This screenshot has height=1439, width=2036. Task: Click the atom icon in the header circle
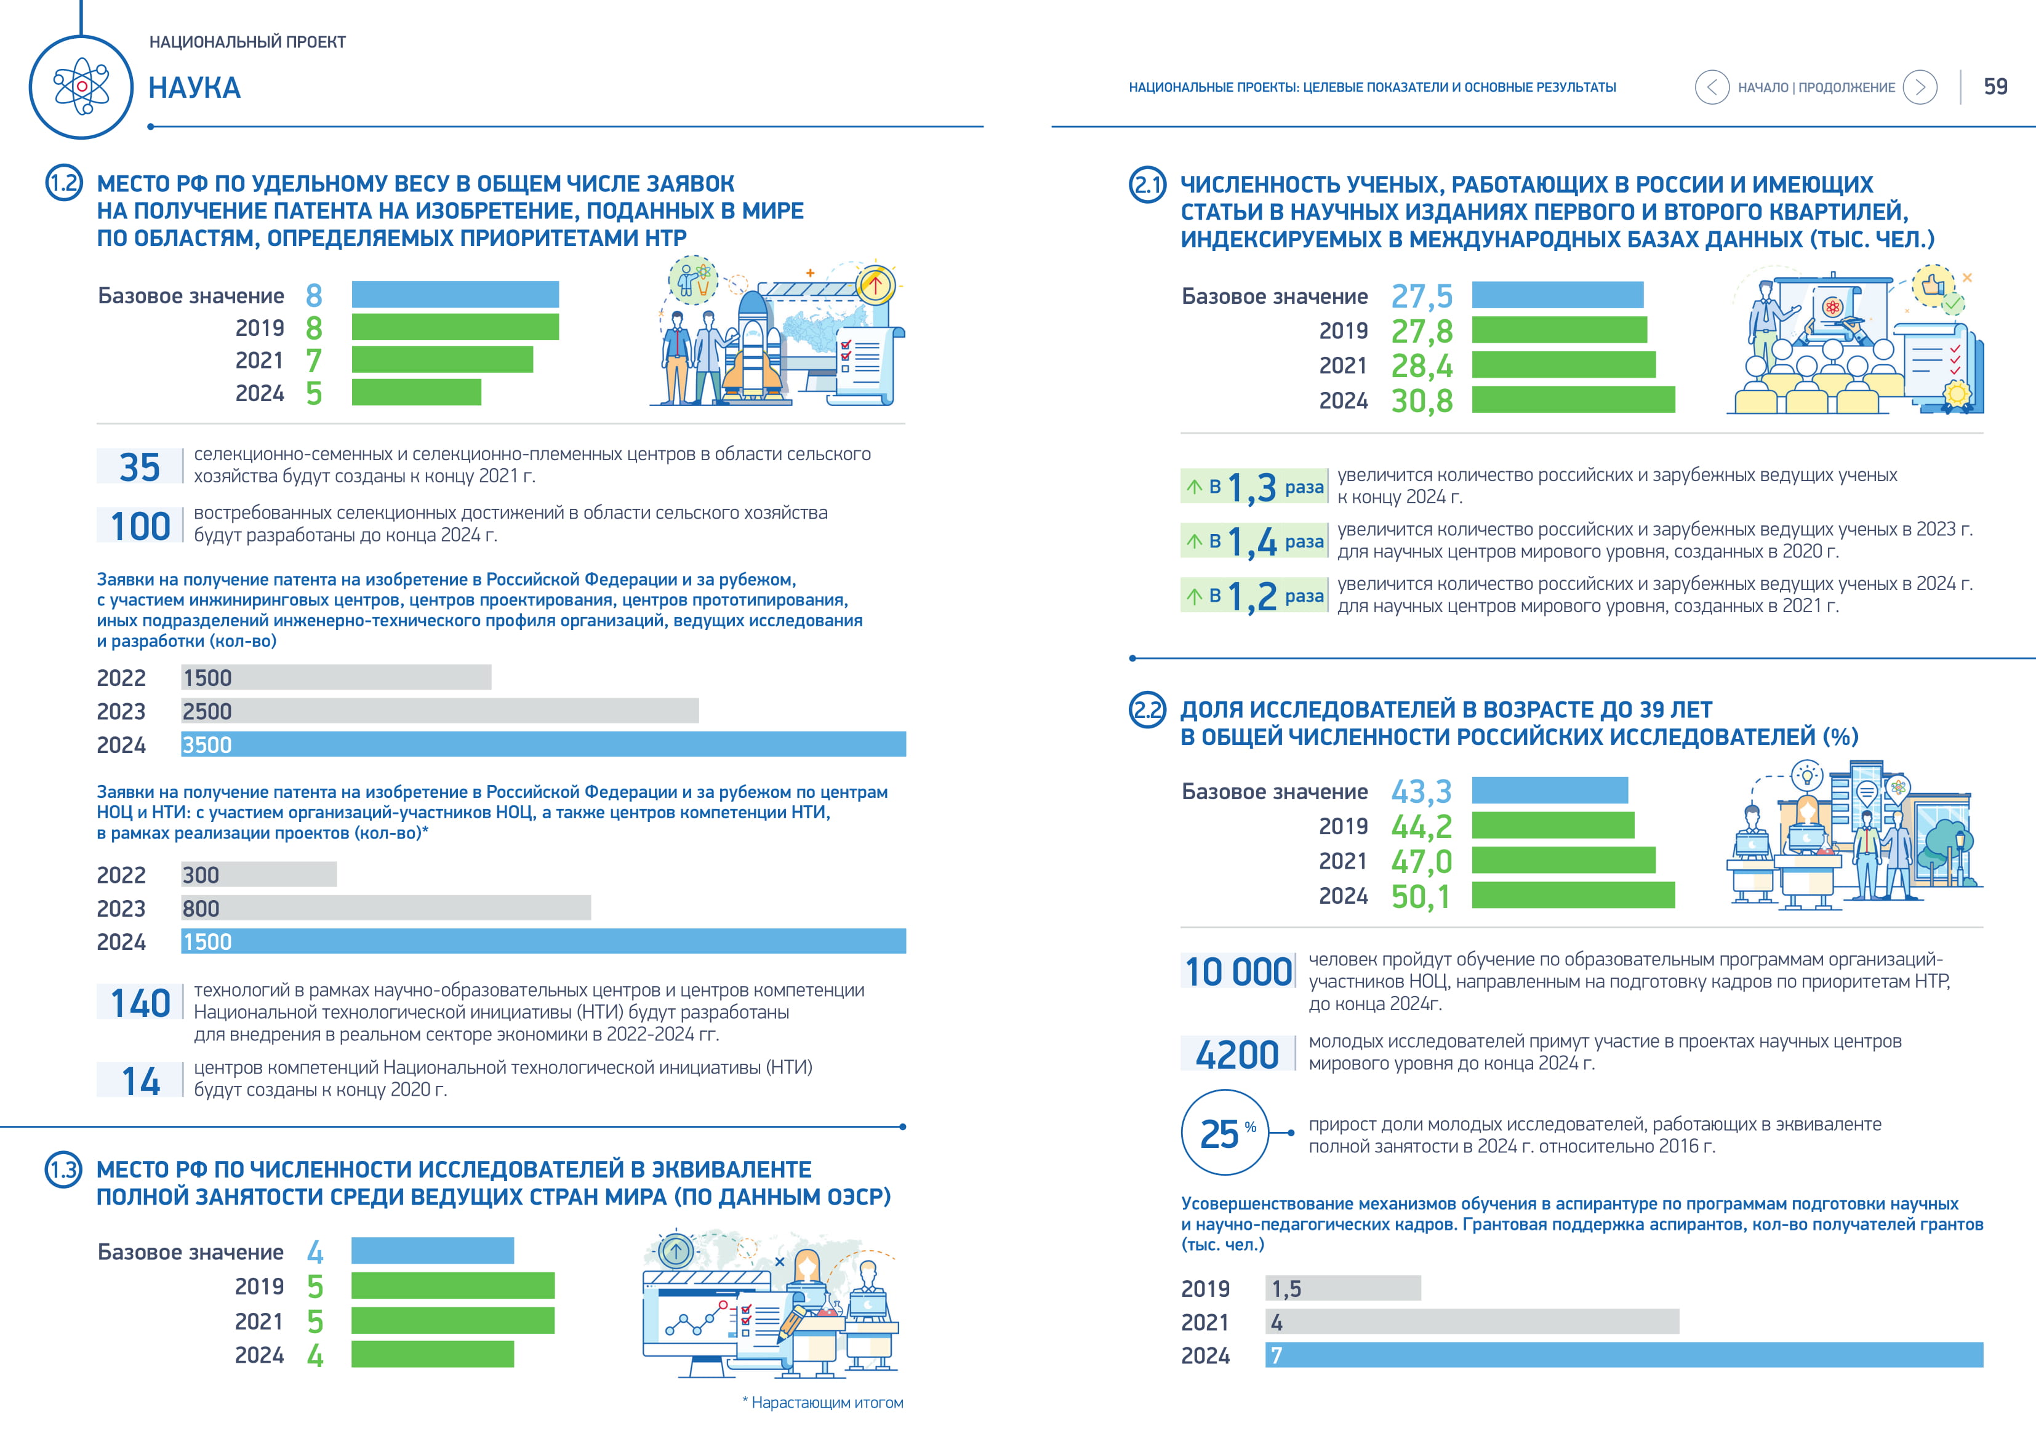tap(82, 87)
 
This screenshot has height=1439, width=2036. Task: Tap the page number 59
tap(1995, 87)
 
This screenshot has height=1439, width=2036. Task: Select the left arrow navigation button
tap(1712, 87)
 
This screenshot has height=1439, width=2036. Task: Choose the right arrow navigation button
tap(1920, 87)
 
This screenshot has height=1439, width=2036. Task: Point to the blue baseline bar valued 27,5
tap(1557, 295)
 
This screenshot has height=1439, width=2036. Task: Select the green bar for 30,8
tap(1573, 400)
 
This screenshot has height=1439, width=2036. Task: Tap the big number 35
tap(140, 466)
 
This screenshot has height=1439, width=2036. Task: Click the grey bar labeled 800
tap(386, 908)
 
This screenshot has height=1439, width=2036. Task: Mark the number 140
tap(140, 1003)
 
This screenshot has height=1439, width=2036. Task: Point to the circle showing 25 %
tap(1225, 1132)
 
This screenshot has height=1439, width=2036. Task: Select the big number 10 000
tap(1238, 972)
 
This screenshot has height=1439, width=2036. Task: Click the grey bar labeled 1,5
tap(1342, 1288)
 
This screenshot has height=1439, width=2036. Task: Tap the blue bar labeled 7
tap(1624, 1355)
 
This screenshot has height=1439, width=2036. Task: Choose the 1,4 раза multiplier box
tap(1254, 541)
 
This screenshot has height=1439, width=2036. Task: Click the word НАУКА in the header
tap(195, 88)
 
